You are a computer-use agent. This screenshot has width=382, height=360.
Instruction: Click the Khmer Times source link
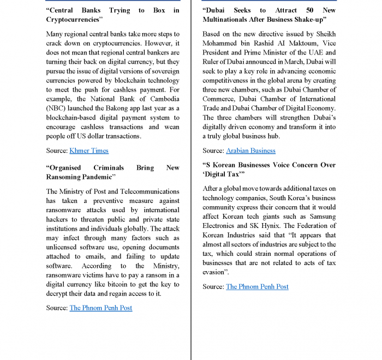coord(89,151)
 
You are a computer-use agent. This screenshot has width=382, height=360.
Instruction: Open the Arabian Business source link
coord(250,151)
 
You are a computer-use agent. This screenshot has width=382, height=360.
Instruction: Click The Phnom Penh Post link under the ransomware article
coord(101,308)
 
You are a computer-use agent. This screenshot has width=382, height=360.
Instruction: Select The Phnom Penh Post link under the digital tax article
coord(257,286)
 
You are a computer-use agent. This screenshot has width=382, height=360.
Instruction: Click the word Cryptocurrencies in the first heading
coord(74,20)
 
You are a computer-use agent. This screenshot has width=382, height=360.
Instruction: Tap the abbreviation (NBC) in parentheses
coord(55,108)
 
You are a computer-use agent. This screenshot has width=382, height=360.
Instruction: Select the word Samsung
coord(322,217)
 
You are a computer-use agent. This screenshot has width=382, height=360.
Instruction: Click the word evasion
coord(213,272)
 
